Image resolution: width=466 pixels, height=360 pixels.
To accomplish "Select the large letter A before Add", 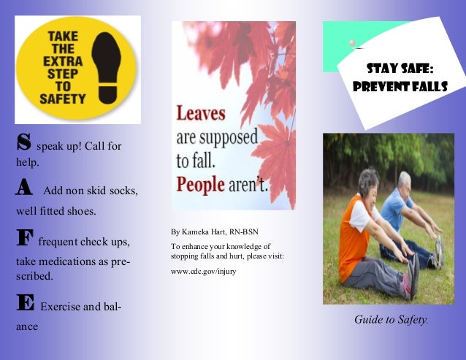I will click(x=24, y=188).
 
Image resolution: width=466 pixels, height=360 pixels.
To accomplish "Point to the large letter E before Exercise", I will click(x=25, y=305).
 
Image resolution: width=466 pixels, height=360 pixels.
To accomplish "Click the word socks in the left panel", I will click(x=123, y=191).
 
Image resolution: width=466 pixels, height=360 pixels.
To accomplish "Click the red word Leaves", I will click(x=201, y=113).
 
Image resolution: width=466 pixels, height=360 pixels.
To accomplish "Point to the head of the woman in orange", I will click(x=370, y=181).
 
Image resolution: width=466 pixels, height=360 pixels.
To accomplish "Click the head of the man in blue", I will click(x=403, y=180).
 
